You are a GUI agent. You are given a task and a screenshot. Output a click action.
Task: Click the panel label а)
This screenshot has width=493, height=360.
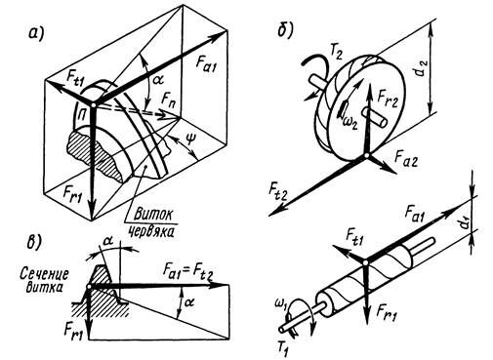tap(36, 33)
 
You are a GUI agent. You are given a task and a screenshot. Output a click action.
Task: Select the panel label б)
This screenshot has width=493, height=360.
tap(285, 30)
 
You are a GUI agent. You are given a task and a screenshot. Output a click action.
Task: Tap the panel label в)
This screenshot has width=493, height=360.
tap(33, 243)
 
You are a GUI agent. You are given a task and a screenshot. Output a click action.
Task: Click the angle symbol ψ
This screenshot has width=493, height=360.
tap(189, 140)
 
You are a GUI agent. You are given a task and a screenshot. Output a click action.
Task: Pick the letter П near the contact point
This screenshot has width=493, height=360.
tap(79, 113)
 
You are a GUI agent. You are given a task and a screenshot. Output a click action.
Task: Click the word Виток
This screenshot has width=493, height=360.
tap(152, 214)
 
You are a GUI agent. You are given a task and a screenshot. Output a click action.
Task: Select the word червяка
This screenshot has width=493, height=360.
tap(150, 231)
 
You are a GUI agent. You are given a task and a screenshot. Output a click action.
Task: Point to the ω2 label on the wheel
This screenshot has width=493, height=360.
tap(349, 122)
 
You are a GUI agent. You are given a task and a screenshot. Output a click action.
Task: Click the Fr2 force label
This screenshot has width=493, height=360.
tap(388, 97)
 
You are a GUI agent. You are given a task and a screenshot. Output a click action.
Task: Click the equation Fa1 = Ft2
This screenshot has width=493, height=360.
tap(188, 271)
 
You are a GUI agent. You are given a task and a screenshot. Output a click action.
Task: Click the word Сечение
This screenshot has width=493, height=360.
tap(44, 273)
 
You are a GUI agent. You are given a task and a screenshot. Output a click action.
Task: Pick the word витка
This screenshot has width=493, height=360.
tap(44, 288)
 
